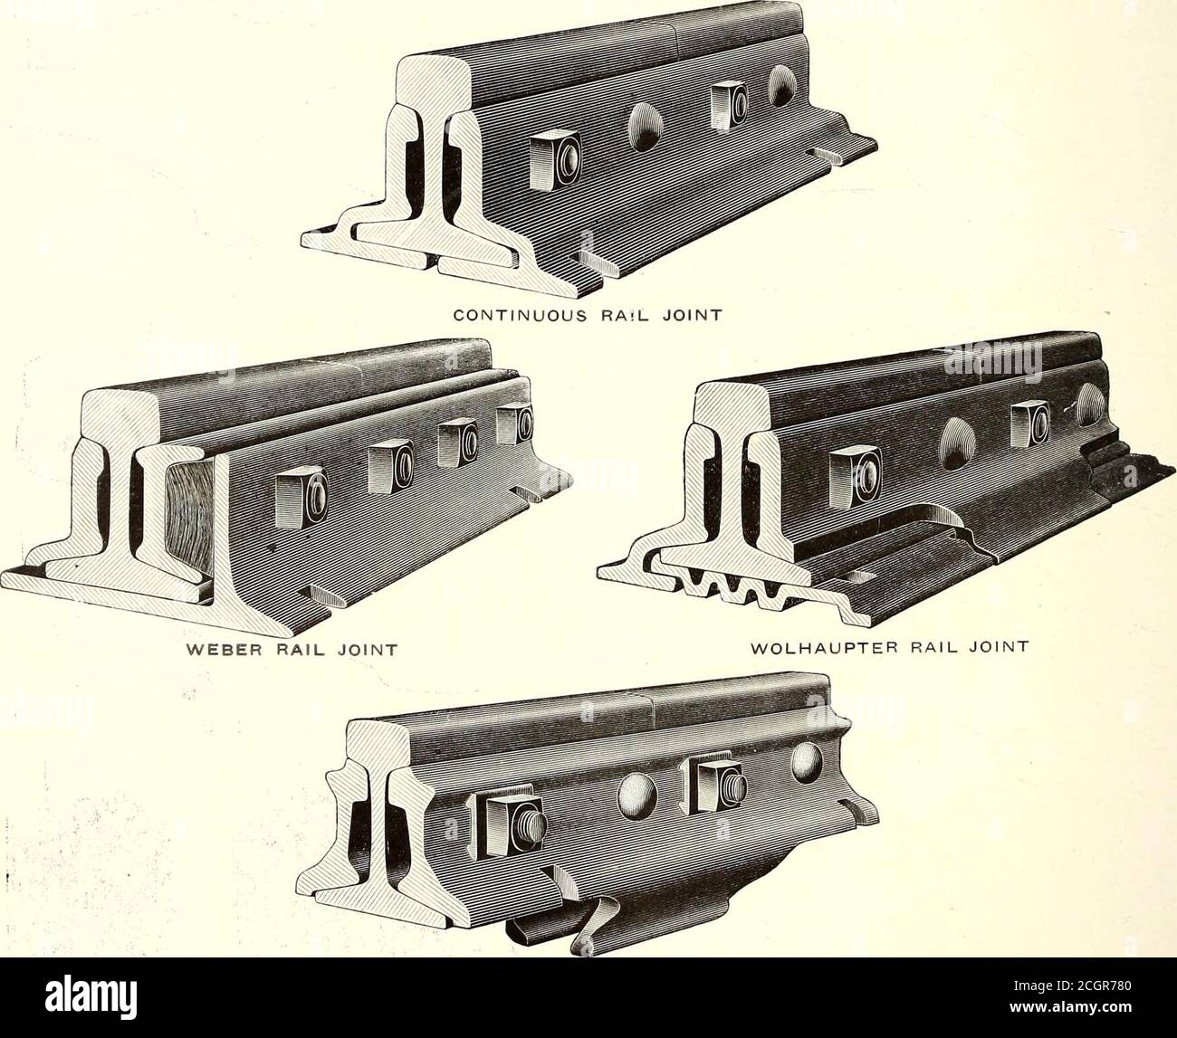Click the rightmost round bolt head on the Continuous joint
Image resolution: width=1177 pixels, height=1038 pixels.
(x=785, y=87)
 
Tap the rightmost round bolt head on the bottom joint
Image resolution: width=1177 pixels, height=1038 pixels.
(x=810, y=762)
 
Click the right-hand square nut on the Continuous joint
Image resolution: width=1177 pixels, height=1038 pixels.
(x=726, y=107)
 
